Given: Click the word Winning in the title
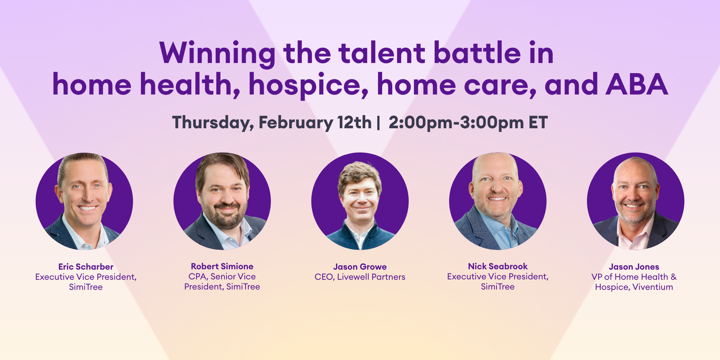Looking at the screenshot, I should [x=217, y=53].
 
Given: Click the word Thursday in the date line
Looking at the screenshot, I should [x=213, y=123].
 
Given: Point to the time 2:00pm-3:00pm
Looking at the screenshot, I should [x=456, y=123].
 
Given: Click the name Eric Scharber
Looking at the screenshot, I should [x=86, y=267].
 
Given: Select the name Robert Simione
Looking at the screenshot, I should [x=222, y=266].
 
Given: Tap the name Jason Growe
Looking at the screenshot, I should [x=360, y=267].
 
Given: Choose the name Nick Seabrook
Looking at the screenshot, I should [x=498, y=266].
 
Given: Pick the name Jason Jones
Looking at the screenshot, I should [x=634, y=267].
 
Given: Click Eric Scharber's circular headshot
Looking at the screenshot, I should [x=84, y=201].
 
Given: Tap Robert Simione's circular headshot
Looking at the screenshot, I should [x=222, y=201].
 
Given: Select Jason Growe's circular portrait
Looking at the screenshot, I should [x=360, y=201].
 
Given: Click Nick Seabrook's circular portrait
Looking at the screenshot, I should [x=498, y=201].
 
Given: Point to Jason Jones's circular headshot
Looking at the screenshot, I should [x=635, y=201].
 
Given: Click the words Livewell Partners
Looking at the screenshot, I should [x=371, y=277].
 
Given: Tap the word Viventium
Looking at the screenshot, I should [x=652, y=287].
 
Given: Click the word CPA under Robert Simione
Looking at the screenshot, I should [x=197, y=276].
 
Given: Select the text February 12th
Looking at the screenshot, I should [x=315, y=123].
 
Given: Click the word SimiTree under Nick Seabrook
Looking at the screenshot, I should [x=498, y=286].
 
